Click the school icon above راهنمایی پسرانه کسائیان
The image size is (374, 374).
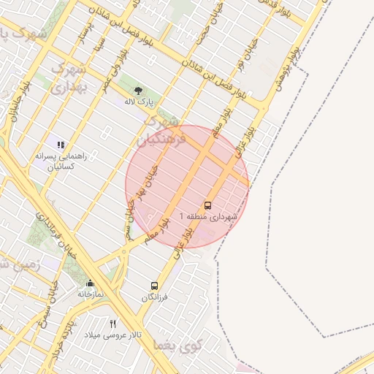pyautogui.click(x=61, y=145)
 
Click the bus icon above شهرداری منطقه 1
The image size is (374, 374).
pyautogui.click(x=208, y=205)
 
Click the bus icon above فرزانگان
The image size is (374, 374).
pyautogui.click(x=154, y=286)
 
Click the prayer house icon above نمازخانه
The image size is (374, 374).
pyautogui.click(x=91, y=283)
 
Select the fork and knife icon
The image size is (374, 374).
pyautogui.click(x=112, y=324)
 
